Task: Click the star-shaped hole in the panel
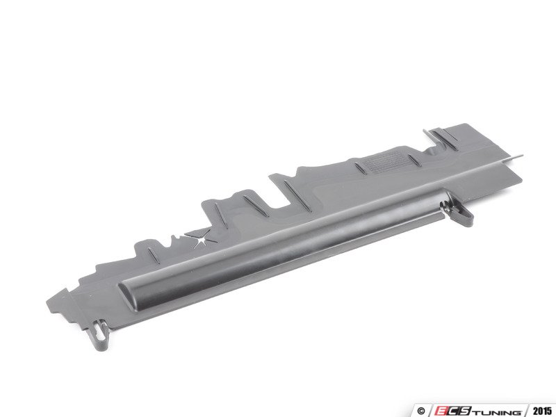click(201, 241)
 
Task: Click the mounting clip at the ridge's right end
click(457, 213)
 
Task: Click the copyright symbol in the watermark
click(421, 411)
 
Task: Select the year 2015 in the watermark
click(542, 411)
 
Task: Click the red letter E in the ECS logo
click(442, 411)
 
